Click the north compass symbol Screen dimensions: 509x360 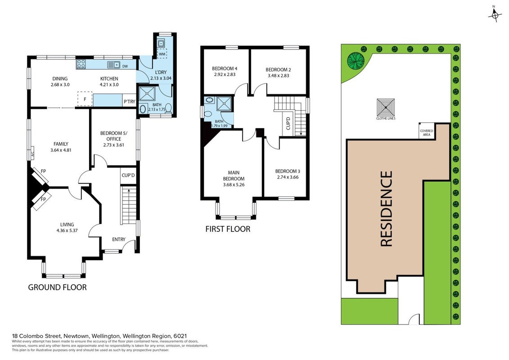(x=495, y=14)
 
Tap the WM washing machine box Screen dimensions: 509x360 (x=162, y=54)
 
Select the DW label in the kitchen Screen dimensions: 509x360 (x=125, y=66)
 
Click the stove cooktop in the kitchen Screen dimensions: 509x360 (x=81, y=64)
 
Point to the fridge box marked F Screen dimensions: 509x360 (x=85, y=99)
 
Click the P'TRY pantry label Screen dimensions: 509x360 (x=129, y=102)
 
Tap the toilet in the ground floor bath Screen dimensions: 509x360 (x=168, y=108)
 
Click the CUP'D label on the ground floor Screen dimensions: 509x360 (x=128, y=175)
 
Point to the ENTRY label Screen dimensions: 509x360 (x=118, y=239)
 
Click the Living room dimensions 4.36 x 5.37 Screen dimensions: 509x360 (x=67, y=230)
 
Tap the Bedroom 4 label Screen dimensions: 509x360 (x=225, y=68)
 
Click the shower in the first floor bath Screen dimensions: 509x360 (x=224, y=104)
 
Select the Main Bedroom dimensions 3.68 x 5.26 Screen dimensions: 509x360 (x=234, y=184)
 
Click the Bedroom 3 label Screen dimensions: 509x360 (x=288, y=171)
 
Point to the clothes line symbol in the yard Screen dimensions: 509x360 (x=386, y=107)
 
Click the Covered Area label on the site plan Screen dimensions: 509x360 (x=427, y=132)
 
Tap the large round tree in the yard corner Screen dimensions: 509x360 (x=356, y=60)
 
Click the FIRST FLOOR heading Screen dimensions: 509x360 (x=228, y=229)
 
